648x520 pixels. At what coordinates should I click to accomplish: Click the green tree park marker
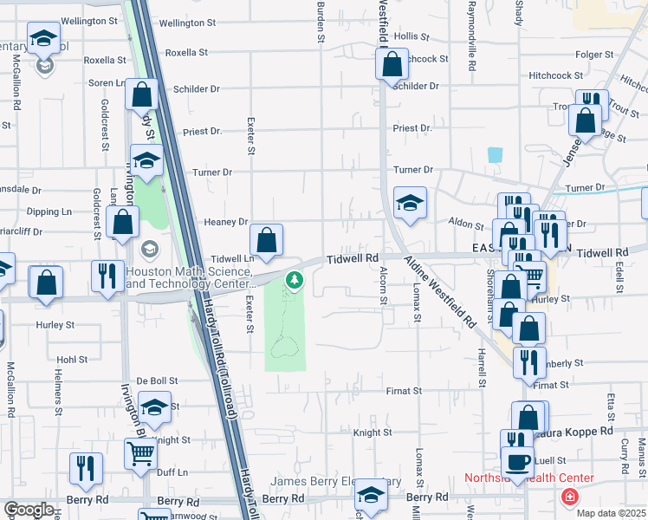click(x=295, y=281)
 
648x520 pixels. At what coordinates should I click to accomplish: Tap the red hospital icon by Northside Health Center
click(x=568, y=497)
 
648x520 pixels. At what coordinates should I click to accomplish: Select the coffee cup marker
click(x=517, y=461)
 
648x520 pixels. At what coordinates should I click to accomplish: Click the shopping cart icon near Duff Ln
click(x=139, y=452)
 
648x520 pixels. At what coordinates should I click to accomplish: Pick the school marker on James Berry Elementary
click(x=372, y=495)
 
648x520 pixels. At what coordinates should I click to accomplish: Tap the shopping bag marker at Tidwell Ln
click(x=266, y=239)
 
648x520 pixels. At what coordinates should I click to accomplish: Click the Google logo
click(x=29, y=510)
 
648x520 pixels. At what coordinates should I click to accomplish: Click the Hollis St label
click(x=411, y=36)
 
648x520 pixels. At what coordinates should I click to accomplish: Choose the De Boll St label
click(x=158, y=380)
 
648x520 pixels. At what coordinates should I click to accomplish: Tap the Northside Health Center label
click(x=529, y=478)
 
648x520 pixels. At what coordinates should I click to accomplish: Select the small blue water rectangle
click(x=495, y=154)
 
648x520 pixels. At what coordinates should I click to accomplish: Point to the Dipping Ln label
click(x=49, y=211)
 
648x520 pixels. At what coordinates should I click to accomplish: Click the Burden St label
click(x=320, y=22)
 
